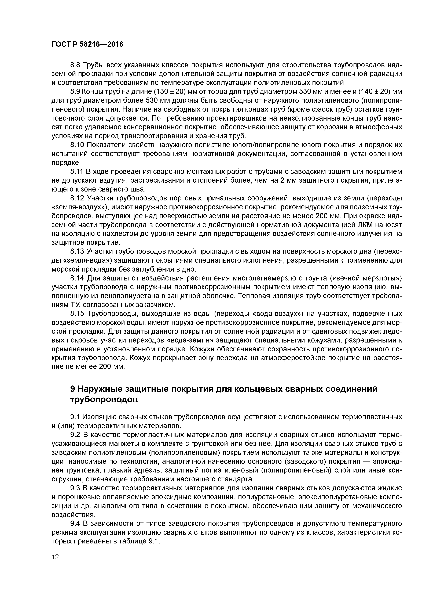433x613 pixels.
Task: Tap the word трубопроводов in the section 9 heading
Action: coord(104,400)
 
